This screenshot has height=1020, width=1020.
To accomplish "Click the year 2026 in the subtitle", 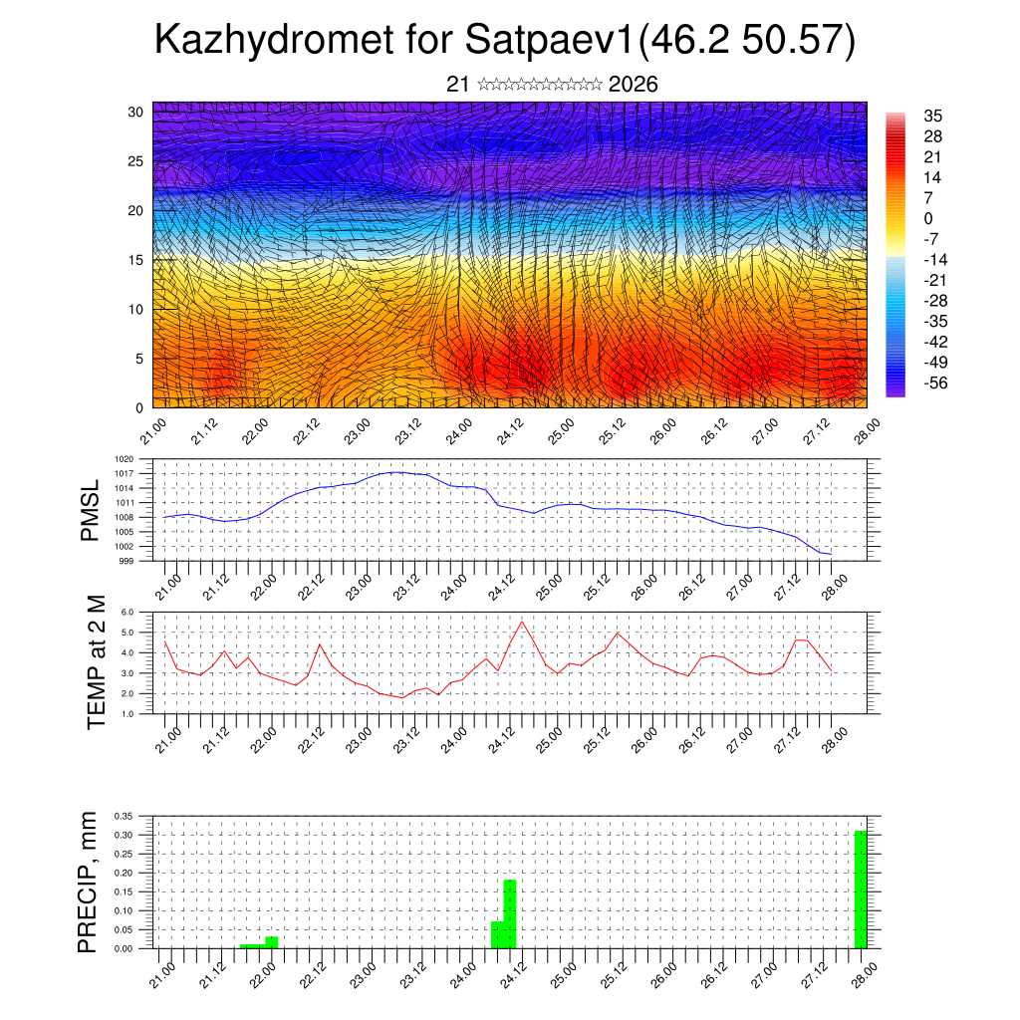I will (x=633, y=85).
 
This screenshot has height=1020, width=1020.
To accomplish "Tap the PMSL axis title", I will (x=90, y=510).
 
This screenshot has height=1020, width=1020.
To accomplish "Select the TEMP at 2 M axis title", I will (x=96, y=662).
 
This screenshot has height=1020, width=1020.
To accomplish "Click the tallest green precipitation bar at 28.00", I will (x=861, y=889).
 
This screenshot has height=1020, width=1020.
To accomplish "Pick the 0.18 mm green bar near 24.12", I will (x=510, y=913).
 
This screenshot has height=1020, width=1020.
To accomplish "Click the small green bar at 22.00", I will (x=271, y=941).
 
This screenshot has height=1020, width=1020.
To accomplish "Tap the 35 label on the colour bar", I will (x=932, y=117).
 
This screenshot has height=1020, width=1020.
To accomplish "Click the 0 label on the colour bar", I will (x=928, y=218).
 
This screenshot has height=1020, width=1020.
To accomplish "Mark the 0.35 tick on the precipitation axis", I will (x=124, y=816).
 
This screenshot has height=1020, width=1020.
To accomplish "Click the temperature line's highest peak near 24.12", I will (x=522, y=622).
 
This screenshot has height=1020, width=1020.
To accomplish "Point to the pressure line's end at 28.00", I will (x=831, y=554).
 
